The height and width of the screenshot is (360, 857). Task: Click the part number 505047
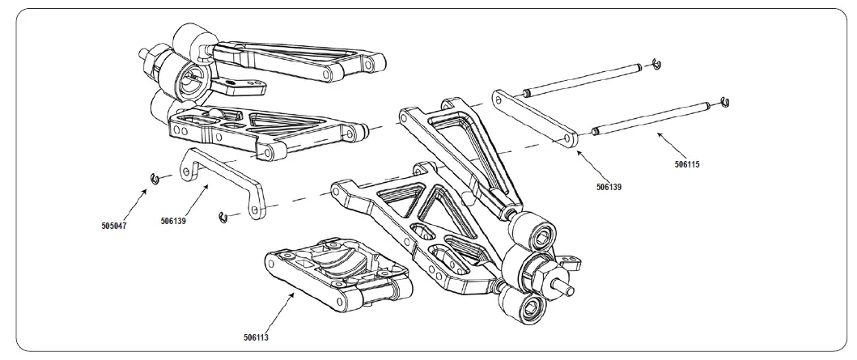[114, 226]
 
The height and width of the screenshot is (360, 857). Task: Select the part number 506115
[686, 164]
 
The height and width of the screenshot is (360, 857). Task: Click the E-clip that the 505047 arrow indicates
[151, 179]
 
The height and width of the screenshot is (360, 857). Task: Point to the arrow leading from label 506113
[278, 311]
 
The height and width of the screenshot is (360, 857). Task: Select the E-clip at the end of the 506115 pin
[726, 101]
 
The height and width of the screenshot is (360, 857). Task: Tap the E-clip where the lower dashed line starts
[221, 216]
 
